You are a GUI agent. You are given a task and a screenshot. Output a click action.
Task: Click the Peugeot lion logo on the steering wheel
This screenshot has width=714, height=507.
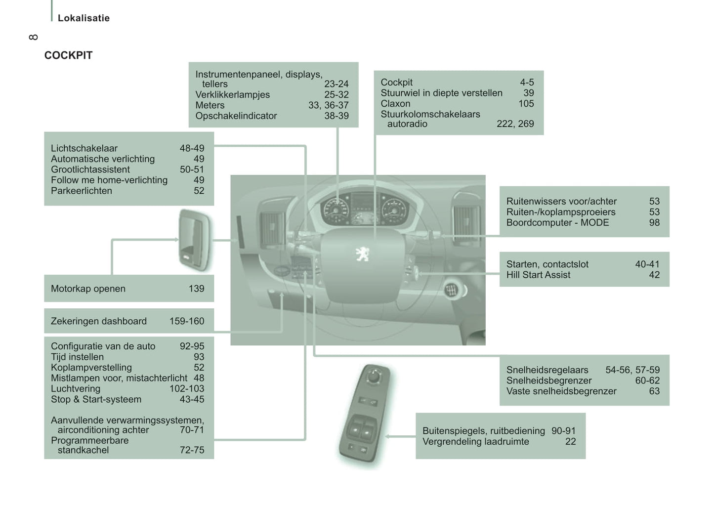point(362,254)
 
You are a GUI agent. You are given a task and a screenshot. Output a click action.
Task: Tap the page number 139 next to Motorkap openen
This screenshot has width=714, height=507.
point(196,289)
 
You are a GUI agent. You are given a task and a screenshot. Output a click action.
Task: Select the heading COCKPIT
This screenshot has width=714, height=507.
point(68,55)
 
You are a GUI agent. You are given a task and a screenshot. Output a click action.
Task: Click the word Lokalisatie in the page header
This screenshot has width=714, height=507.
point(84,18)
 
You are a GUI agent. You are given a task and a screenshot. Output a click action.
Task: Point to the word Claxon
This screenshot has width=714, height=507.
point(395,104)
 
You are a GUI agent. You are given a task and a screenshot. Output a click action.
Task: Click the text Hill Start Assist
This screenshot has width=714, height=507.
point(538,275)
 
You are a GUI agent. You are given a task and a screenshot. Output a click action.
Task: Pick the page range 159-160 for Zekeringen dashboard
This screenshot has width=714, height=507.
point(187,321)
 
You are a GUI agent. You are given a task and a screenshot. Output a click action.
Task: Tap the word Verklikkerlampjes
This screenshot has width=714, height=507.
point(232,95)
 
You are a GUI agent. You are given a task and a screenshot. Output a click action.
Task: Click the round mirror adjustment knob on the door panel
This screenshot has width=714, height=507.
point(374,376)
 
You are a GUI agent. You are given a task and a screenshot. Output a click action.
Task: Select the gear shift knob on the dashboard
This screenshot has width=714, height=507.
point(451,290)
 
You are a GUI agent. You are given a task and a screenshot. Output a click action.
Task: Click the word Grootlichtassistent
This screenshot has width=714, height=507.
point(90,169)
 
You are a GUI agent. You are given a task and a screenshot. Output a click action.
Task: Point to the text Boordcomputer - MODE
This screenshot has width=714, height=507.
point(557,222)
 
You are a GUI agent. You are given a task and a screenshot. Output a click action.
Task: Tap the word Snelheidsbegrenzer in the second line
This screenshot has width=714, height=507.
point(549,380)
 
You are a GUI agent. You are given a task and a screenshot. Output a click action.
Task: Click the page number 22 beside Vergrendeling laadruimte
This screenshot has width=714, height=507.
point(571,442)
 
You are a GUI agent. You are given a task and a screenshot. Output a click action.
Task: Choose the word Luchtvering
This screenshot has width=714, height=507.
point(76,389)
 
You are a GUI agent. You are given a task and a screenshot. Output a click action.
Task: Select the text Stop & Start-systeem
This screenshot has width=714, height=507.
point(96,399)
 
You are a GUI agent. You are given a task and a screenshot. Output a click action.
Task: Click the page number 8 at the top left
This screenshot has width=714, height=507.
point(33,37)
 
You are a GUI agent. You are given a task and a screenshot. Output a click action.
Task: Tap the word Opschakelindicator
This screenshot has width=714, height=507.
point(236,116)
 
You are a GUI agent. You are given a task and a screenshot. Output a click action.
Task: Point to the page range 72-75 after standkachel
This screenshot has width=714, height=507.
point(192,450)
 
